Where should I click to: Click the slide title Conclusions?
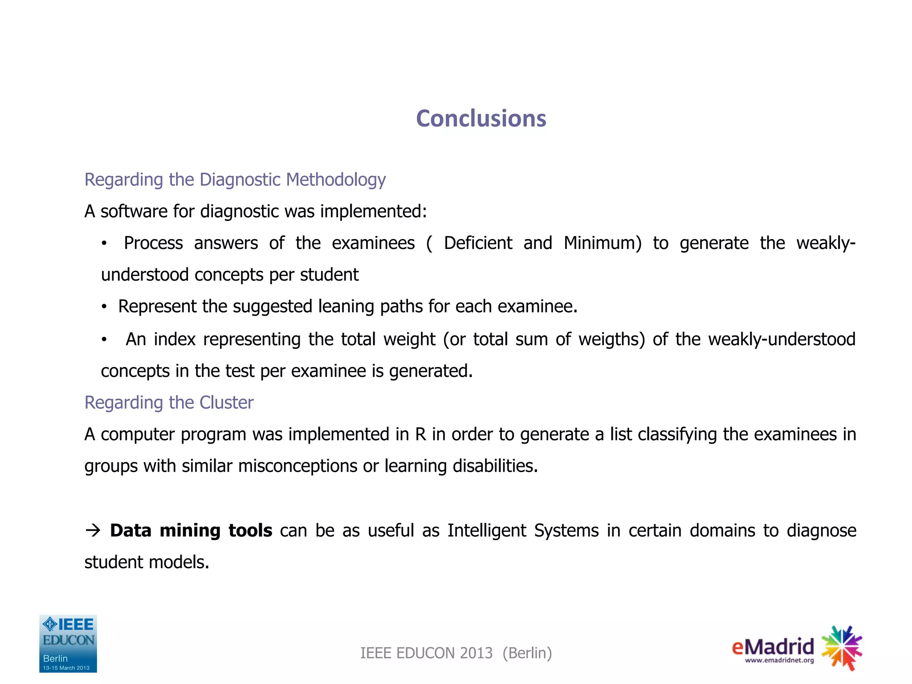click(x=481, y=119)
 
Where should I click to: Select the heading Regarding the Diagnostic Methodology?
click(x=235, y=180)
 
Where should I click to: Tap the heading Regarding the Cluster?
click(x=169, y=403)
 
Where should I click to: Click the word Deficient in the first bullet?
click(x=478, y=243)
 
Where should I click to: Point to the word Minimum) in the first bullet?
click(x=603, y=243)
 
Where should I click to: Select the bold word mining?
click(x=190, y=531)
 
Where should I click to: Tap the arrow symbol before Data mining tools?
click(x=93, y=530)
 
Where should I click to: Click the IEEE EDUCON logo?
click(x=68, y=643)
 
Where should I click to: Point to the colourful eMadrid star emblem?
click(x=842, y=647)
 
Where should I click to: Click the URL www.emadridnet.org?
click(x=779, y=660)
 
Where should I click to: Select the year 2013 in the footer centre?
click(x=476, y=653)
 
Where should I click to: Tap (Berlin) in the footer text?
click(x=527, y=653)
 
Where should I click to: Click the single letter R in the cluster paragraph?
click(x=420, y=435)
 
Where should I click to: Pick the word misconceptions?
click(x=297, y=466)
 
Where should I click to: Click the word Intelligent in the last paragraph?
click(x=487, y=531)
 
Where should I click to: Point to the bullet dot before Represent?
click(x=104, y=307)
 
